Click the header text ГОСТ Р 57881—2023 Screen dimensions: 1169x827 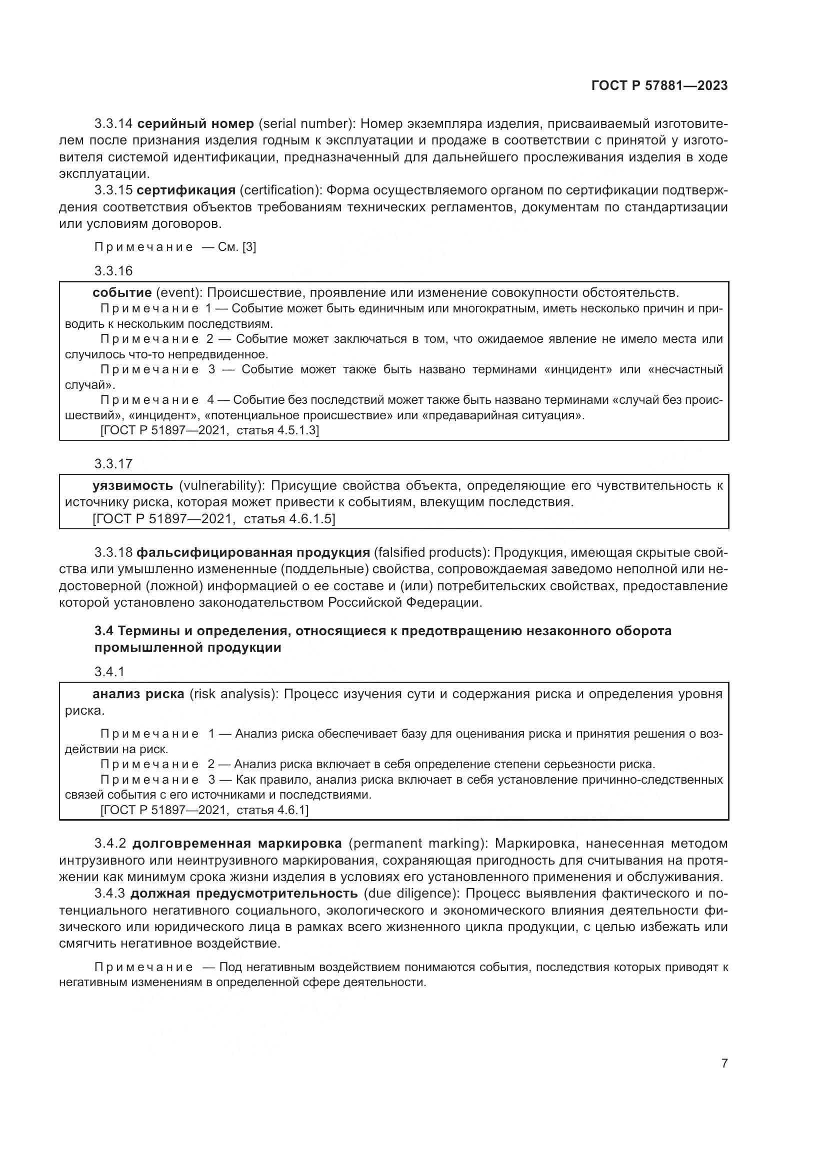tap(659, 86)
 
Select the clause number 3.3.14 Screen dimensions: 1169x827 tap(113, 124)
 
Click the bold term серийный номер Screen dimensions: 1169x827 tap(195, 124)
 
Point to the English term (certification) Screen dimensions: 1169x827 tap(280, 190)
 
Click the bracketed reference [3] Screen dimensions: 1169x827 tap(249, 247)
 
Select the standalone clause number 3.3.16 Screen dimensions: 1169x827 tap(113, 271)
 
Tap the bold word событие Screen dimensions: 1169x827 tap(122, 293)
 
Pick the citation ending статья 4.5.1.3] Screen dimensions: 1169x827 tap(277, 431)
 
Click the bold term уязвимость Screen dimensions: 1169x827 tap(132, 486)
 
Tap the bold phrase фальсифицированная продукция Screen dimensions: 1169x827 tap(253, 553)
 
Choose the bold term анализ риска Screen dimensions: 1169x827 tap(138, 694)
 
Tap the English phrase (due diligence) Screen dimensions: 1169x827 tap(411, 894)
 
